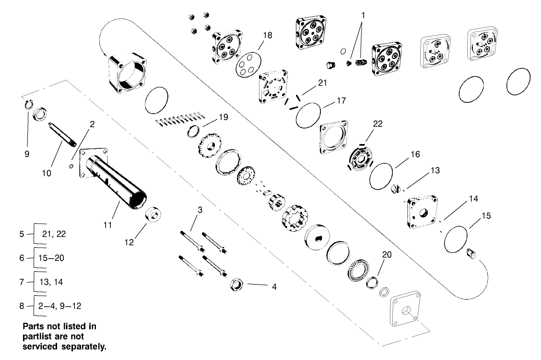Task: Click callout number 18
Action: pyautogui.click(x=267, y=35)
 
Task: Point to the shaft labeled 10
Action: pyautogui.click(x=62, y=135)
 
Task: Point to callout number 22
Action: pyautogui.click(x=378, y=124)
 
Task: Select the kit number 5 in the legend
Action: pyautogui.click(x=22, y=234)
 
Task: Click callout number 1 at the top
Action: pyautogui.click(x=363, y=15)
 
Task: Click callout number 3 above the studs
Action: pyautogui.click(x=200, y=210)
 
